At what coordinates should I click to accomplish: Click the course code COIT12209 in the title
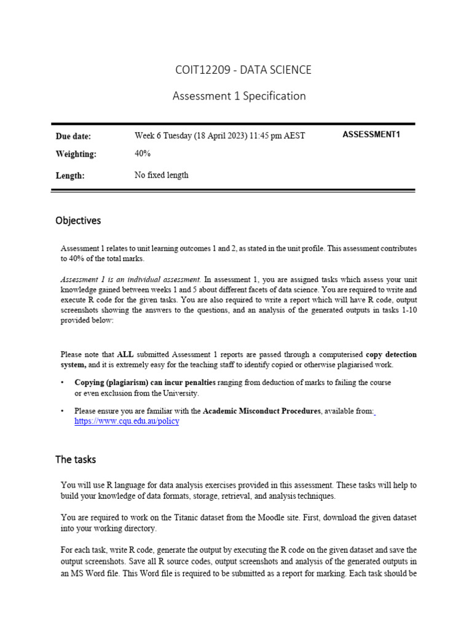click(x=201, y=70)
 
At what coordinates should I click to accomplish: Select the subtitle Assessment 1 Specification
click(x=239, y=96)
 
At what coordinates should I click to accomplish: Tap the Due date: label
click(x=73, y=136)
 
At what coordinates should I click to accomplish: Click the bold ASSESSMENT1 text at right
click(x=371, y=135)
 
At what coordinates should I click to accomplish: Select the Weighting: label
click(x=76, y=154)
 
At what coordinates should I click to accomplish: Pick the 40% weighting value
click(x=143, y=154)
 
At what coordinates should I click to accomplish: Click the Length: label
click(x=70, y=176)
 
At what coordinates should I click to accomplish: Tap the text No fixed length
click(x=161, y=175)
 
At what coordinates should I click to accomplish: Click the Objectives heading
click(x=78, y=221)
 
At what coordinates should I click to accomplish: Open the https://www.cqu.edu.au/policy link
click(x=127, y=422)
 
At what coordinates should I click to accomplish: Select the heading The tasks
click(x=76, y=459)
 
